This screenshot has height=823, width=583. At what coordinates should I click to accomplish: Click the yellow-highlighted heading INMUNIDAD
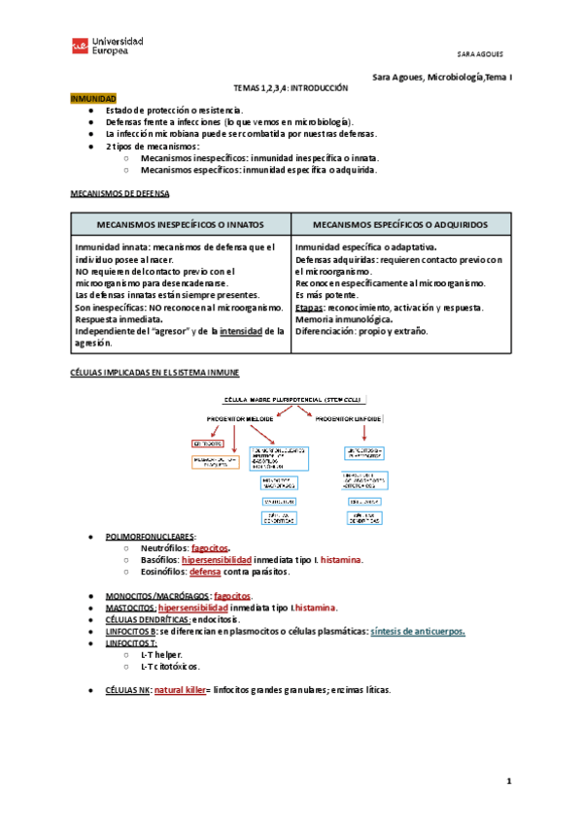coord(93,99)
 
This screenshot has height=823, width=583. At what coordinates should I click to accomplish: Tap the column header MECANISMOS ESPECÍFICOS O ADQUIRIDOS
coord(400,223)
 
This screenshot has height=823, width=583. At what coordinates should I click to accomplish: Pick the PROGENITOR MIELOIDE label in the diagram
coord(241,418)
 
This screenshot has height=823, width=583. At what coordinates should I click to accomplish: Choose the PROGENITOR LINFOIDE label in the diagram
coord(348,418)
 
